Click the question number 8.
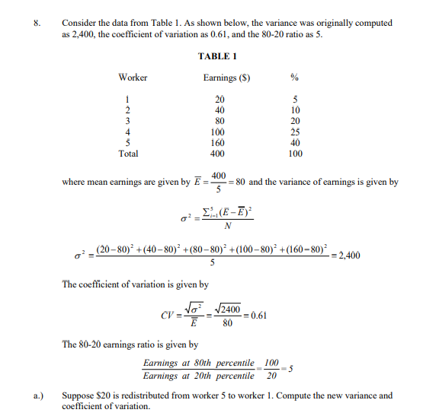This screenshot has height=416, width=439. [x=35, y=24]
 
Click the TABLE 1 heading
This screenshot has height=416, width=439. [x=218, y=56]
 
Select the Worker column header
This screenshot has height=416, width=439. [x=133, y=78]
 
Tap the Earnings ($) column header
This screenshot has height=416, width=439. [x=227, y=78]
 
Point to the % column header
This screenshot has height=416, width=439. [x=295, y=78]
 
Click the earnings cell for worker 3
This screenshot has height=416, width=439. [x=219, y=121]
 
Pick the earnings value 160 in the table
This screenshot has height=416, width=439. [x=219, y=142]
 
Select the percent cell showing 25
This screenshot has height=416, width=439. [x=296, y=132]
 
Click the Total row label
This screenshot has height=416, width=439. [x=129, y=153]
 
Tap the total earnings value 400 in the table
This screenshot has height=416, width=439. [x=219, y=153]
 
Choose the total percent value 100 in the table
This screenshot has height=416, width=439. [x=296, y=153]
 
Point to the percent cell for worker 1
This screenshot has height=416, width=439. [x=296, y=100]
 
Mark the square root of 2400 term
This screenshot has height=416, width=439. [x=228, y=308]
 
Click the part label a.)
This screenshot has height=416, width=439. [x=36, y=395]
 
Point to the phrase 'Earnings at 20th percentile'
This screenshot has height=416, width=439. [x=199, y=376]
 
